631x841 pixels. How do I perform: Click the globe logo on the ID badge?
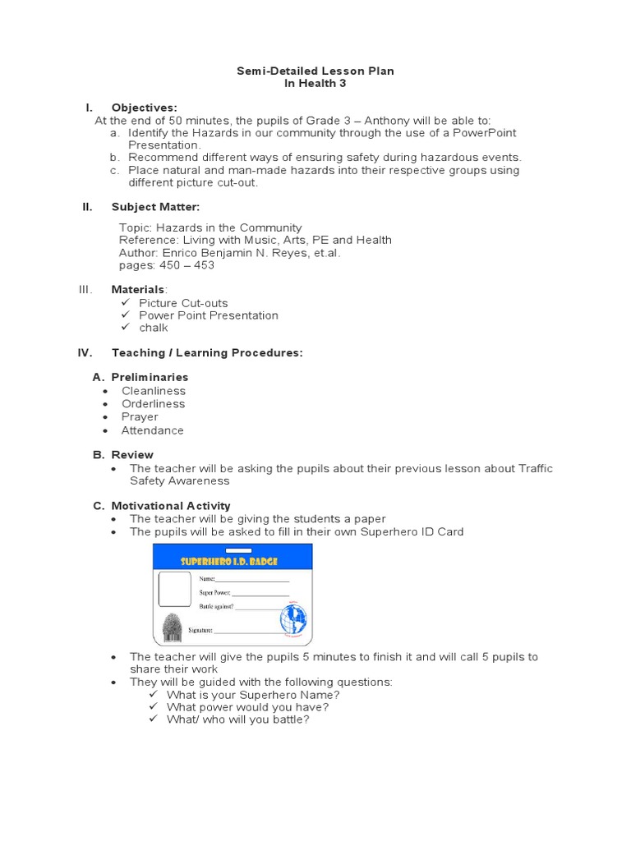[292, 617]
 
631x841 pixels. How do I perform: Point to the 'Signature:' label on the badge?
[201, 631]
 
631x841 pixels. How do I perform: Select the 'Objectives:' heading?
[144, 108]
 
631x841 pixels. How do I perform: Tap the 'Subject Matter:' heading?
[155, 207]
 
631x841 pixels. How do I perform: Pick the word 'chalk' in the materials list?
[153, 328]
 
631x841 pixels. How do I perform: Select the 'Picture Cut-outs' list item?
[183, 303]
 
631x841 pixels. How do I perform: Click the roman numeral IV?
[85, 352]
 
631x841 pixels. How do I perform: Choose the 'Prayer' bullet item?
[140, 416]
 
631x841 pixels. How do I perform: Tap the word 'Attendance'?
[153, 430]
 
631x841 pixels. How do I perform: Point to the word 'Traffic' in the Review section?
[536, 468]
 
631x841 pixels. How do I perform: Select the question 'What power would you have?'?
[247, 707]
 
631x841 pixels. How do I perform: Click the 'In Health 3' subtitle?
[315, 84]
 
